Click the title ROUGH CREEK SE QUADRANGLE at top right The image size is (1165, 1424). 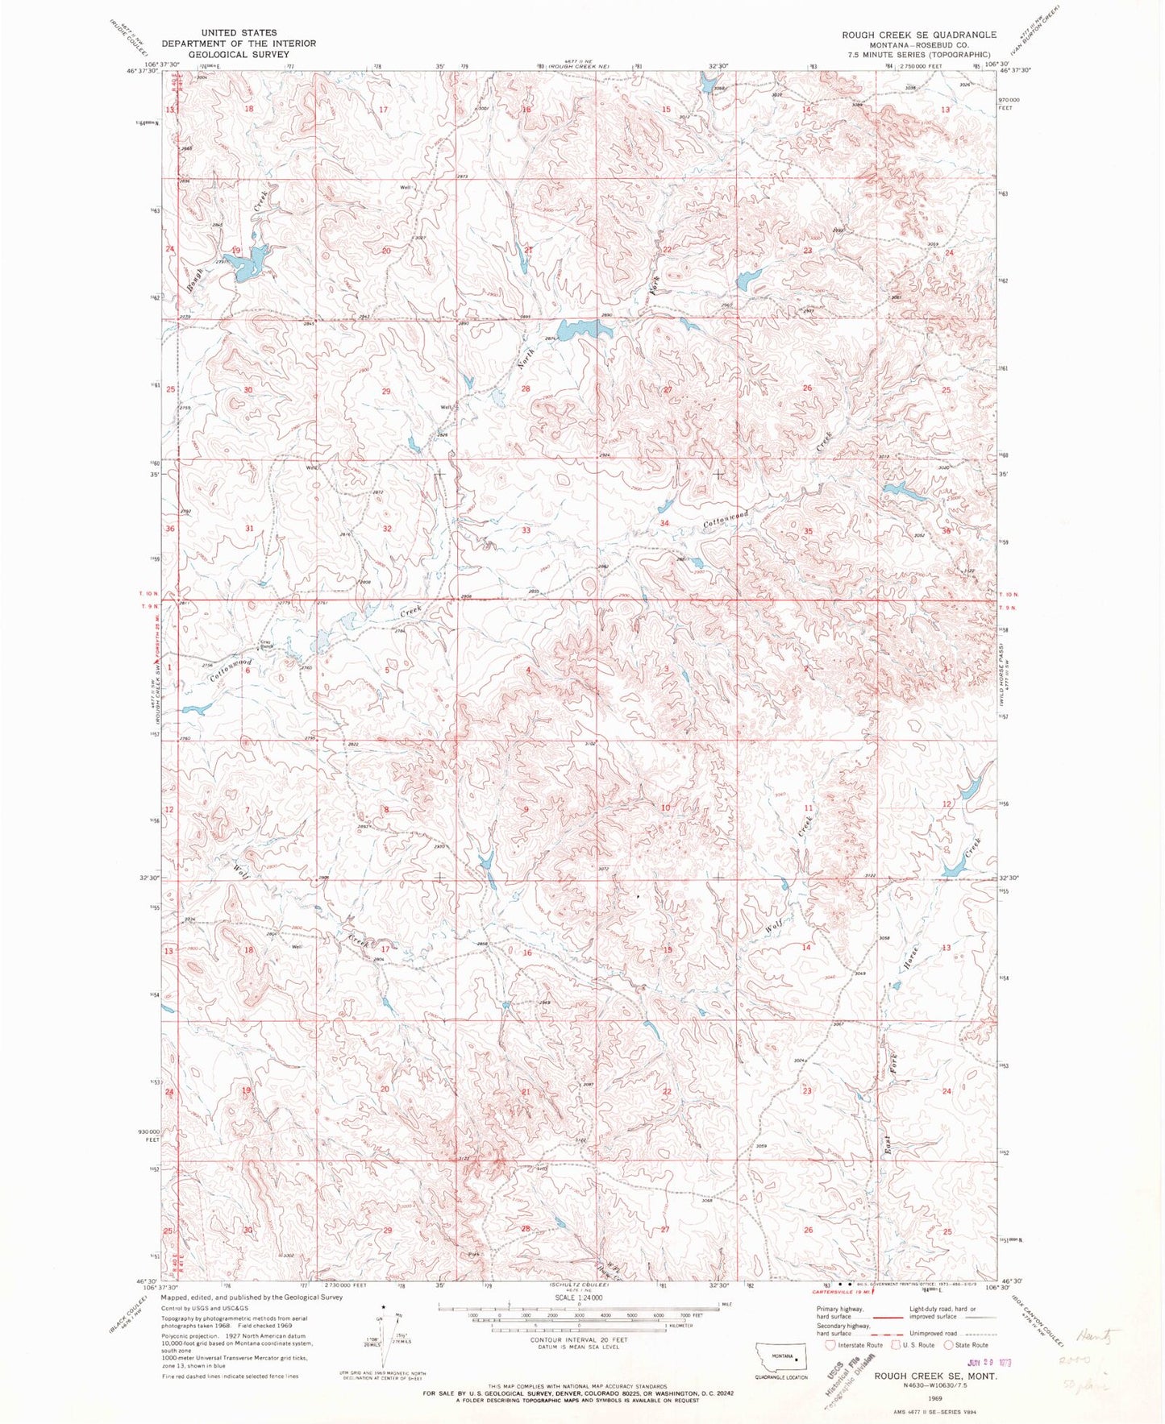pos(918,35)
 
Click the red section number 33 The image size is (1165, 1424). pos(526,530)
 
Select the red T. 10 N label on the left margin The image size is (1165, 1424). pos(145,594)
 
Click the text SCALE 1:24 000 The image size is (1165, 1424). pos(576,1298)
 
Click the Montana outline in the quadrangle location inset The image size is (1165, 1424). pos(781,1356)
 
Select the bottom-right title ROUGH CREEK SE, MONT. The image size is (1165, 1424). pos(935,1376)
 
